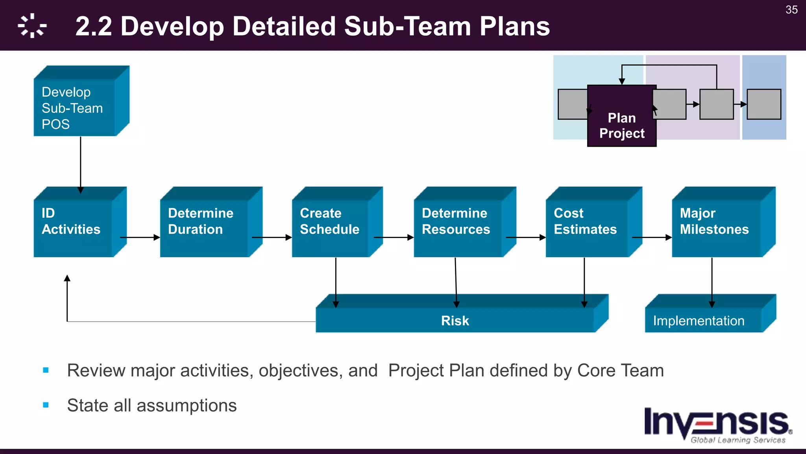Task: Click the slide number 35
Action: coord(791,10)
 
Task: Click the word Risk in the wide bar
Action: coord(455,321)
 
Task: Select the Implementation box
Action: coord(699,321)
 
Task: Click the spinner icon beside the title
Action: coord(32,26)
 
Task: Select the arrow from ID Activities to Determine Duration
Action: coord(140,238)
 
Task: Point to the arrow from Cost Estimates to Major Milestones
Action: coord(651,238)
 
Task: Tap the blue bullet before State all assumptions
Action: coord(46,405)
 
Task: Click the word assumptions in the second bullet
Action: coord(187,406)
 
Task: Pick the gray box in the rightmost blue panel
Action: coord(764,104)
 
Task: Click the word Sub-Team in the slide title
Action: coord(407,26)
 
